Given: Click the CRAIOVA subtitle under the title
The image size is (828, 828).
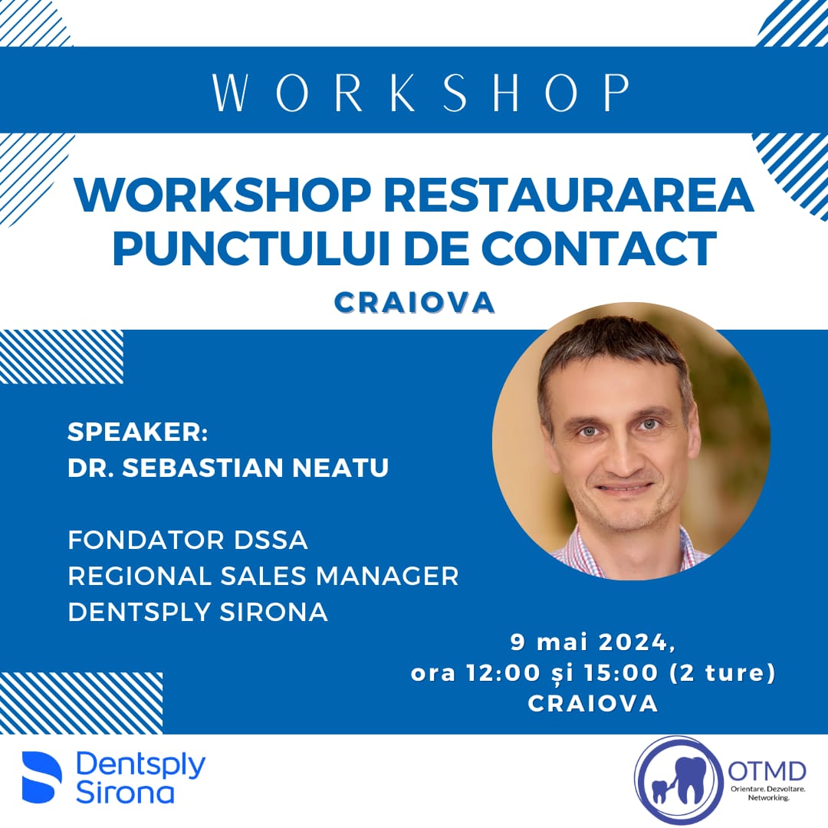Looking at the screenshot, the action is coord(415,303).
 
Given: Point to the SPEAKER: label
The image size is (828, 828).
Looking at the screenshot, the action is coord(138,432).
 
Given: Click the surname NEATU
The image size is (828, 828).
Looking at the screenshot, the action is coord(340,468).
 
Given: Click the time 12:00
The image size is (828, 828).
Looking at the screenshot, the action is coord(503,673).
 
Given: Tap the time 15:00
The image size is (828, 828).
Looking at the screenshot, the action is coord(621,673).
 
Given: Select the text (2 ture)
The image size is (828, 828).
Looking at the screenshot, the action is coord(722,673).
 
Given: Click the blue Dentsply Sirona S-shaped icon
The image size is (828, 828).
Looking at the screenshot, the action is coord(41,776).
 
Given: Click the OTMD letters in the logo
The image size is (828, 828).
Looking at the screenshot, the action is coord(767,771).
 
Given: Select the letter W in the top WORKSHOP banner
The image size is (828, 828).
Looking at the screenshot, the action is coord(230,93).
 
